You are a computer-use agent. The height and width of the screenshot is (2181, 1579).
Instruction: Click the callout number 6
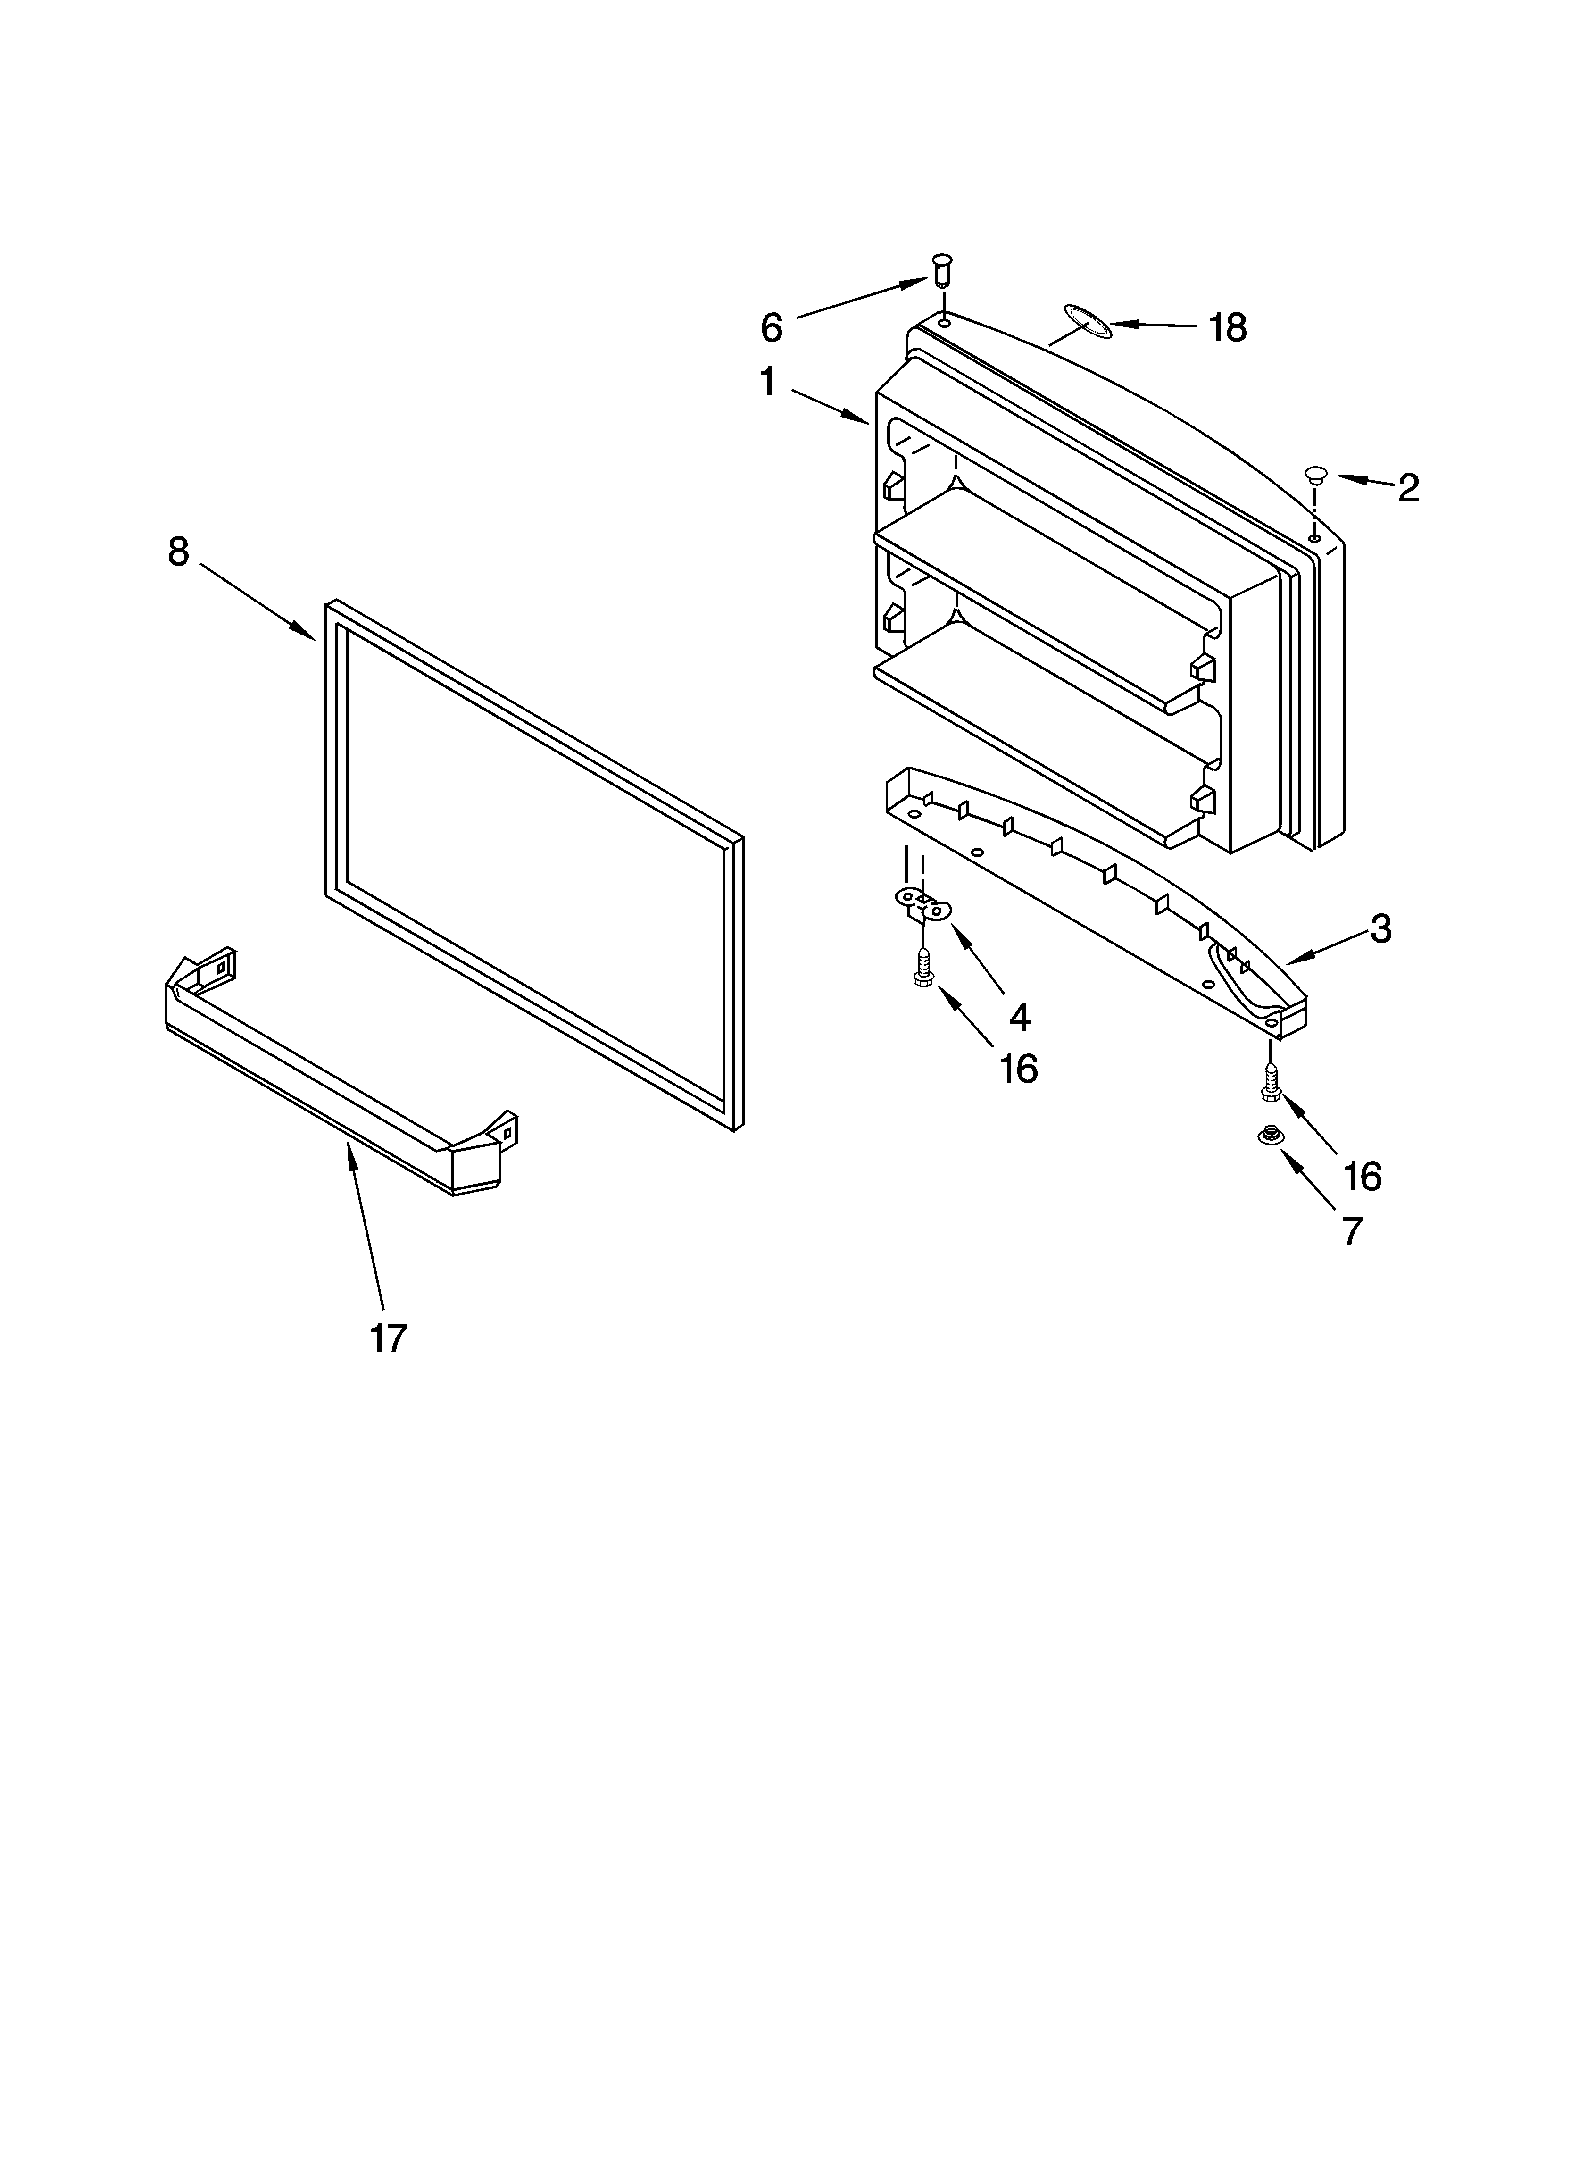click(771, 328)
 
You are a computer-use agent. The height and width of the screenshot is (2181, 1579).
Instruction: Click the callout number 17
click(389, 1337)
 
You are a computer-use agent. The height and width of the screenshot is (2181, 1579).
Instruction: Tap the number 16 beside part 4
click(1018, 1069)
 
